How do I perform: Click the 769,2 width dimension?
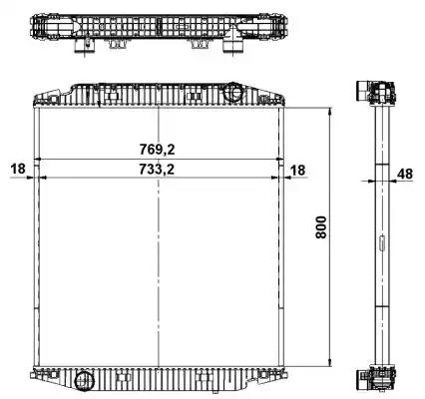[157, 150]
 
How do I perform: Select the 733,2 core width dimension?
[157, 170]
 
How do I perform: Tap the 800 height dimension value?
[321, 227]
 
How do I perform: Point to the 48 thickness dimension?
[405, 174]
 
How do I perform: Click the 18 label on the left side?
[18, 169]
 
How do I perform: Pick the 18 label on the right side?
[297, 171]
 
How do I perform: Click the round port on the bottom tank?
[85, 382]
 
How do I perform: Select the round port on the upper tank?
[232, 91]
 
